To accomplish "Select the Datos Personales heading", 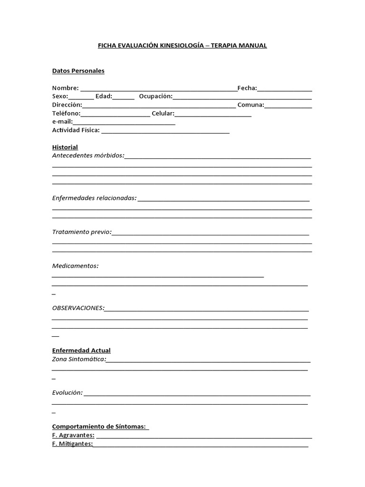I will point(78,71).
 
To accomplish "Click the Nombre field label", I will point(65,88).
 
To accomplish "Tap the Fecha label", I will point(247,88).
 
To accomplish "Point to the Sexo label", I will point(60,97).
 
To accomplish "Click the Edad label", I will point(104,97).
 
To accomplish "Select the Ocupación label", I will point(155,97).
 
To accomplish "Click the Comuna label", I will point(250,105).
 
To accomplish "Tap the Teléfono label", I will point(66,114).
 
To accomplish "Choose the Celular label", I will point(163,114).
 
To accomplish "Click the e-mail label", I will point(62,122).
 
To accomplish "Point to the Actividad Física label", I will point(76,130).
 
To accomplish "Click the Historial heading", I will point(65,147).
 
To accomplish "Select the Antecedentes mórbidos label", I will point(88,156).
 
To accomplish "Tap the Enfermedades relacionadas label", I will point(94,198).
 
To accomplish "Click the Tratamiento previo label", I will point(82,232).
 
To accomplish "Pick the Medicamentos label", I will point(75,266).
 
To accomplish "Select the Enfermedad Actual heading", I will point(81,351).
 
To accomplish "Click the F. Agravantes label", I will point(73,435).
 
